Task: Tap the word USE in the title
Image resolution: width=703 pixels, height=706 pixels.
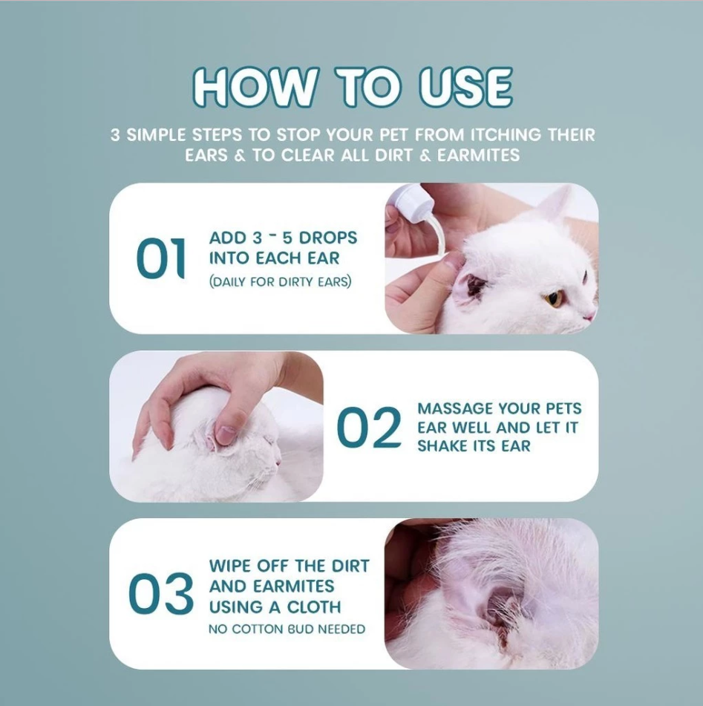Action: [x=465, y=89]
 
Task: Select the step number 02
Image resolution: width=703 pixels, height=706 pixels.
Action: [x=368, y=428]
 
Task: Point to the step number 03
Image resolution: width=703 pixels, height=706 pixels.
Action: [x=160, y=595]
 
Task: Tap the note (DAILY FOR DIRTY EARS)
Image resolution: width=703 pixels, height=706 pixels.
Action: [x=280, y=282]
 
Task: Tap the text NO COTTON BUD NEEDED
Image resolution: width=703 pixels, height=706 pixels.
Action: [x=287, y=630]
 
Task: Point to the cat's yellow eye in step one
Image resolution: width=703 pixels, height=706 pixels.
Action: [x=553, y=298]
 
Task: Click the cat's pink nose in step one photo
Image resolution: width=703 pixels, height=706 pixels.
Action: [x=589, y=316]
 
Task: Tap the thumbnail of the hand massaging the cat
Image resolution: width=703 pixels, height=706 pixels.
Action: [x=216, y=426]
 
